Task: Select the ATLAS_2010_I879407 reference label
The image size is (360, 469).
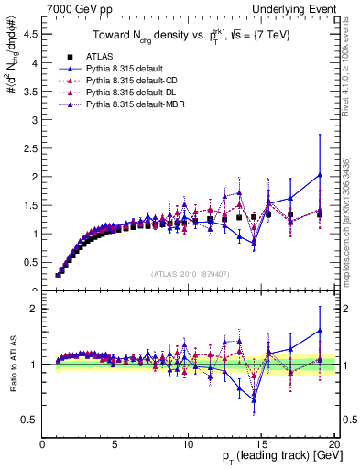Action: coord(190,274)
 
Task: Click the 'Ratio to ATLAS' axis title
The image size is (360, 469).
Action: coord(12,365)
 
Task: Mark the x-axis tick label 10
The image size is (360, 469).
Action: coord(188,445)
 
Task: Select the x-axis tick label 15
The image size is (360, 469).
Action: coord(261,445)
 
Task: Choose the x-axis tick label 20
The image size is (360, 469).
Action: coord(333,445)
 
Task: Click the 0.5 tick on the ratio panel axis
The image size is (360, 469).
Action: coord(30,420)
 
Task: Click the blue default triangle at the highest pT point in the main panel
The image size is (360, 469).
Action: coord(320,175)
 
